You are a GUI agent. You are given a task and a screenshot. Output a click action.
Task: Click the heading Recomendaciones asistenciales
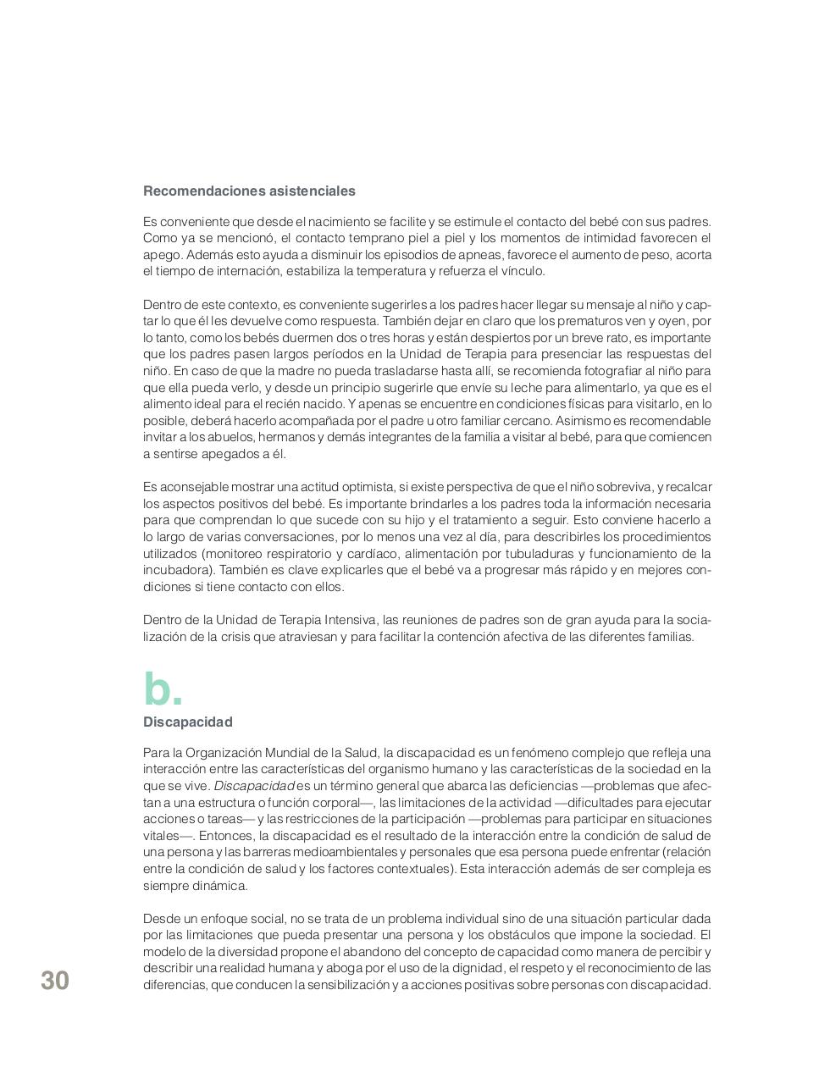249,191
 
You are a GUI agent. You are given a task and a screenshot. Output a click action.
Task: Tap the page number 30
55,981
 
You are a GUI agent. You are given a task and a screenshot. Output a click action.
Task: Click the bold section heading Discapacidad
187,722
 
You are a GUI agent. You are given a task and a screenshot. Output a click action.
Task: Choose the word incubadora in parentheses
176,570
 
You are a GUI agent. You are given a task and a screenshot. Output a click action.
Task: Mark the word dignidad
472,968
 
